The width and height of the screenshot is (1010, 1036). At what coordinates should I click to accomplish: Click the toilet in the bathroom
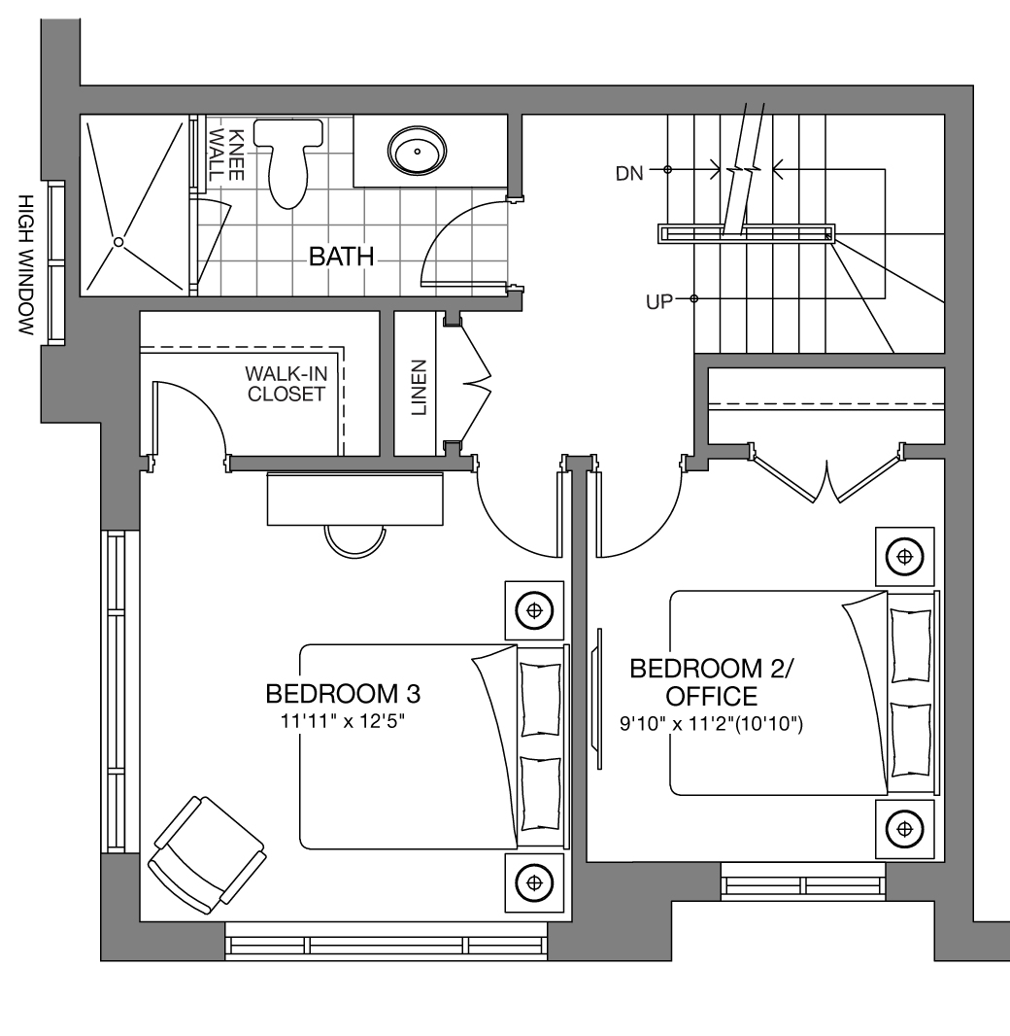[289, 162]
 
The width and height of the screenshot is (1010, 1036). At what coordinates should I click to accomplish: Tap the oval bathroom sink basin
[417, 151]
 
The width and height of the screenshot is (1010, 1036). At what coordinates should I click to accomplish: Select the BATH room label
[341, 257]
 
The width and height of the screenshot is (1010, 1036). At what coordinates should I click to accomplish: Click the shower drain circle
[118, 242]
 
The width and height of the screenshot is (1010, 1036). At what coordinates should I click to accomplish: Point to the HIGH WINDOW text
[25, 264]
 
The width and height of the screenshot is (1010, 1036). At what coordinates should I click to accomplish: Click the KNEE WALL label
[226, 155]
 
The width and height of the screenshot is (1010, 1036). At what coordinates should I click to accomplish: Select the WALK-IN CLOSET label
[286, 384]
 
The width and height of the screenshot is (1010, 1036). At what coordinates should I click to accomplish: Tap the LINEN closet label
[420, 387]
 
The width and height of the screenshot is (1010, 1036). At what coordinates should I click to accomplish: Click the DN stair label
[629, 174]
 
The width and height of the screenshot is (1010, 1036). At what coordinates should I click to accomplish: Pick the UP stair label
[658, 302]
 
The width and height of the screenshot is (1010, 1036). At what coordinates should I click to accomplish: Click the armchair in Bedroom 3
[207, 855]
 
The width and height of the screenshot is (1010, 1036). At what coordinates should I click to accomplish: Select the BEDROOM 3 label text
[343, 694]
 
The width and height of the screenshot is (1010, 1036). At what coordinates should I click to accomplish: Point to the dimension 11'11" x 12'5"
[342, 721]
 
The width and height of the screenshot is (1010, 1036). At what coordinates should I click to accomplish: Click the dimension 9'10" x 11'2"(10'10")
[711, 725]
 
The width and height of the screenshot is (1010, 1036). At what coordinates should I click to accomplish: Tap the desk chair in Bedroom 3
[355, 541]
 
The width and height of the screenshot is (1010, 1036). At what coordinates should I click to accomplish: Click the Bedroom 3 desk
[355, 499]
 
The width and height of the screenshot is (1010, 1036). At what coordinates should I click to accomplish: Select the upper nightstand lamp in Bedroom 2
[904, 556]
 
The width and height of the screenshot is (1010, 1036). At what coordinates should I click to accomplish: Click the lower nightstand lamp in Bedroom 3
[534, 882]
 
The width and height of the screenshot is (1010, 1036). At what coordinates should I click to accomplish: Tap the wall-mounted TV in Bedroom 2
[599, 699]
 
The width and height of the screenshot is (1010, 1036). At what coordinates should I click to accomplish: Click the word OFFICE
[711, 697]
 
